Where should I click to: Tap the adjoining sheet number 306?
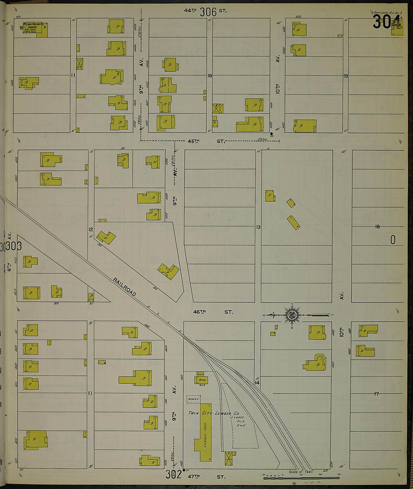(x=208, y=12)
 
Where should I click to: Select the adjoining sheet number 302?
(x=173, y=474)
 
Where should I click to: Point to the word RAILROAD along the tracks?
(x=125, y=287)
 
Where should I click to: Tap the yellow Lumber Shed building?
(x=205, y=432)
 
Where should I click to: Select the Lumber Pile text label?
(x=238, y=421)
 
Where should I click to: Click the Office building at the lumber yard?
(x=201, y=379)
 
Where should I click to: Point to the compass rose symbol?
(x=291, y=315)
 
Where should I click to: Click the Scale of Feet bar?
(x=301, y=477)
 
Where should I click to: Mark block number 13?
(x=258, y=227)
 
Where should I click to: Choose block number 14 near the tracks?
(x=257, y=383)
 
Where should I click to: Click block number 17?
(x=376, y=394)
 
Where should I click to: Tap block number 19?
(x=345, y=76)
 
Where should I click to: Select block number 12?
(x=90, y=229)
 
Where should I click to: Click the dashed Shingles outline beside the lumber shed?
(x=193, y=399)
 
